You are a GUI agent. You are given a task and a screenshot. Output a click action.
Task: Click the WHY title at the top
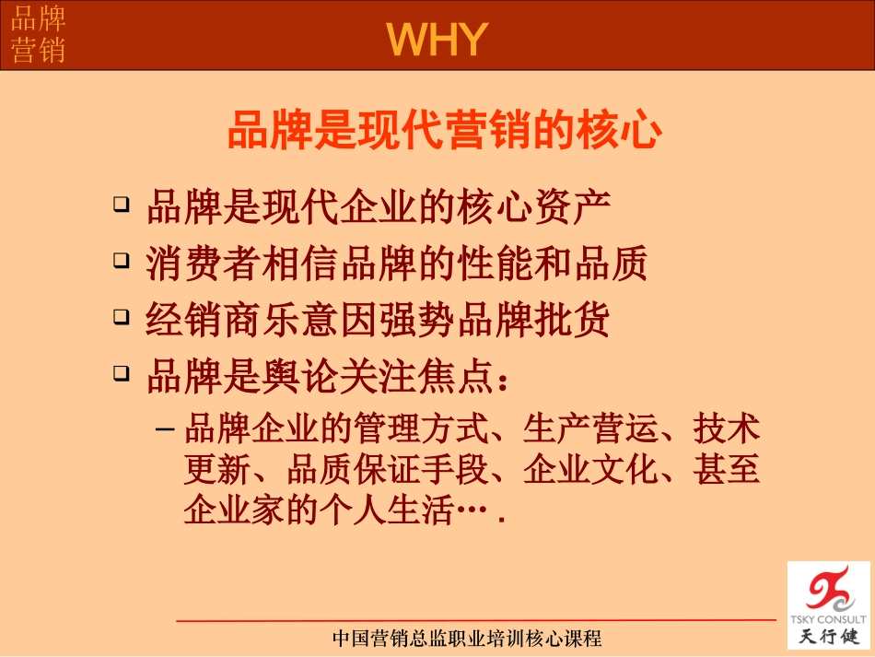pyautogui.click(x=437, y=40)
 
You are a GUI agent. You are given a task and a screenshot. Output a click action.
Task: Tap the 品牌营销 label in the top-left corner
pyautogui.click(x=38, y=35)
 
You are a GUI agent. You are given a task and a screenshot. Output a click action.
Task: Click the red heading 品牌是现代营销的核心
pyautogui.click(x=445, y=131)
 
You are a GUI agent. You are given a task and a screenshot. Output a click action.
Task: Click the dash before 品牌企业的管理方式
pyautogui.click(x=165, y=429)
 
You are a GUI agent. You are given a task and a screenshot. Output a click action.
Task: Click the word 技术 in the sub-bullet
pyautogui.click(x=727, y=430)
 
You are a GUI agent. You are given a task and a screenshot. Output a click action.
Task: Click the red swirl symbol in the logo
pyautogui.click(x=826, y=589)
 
